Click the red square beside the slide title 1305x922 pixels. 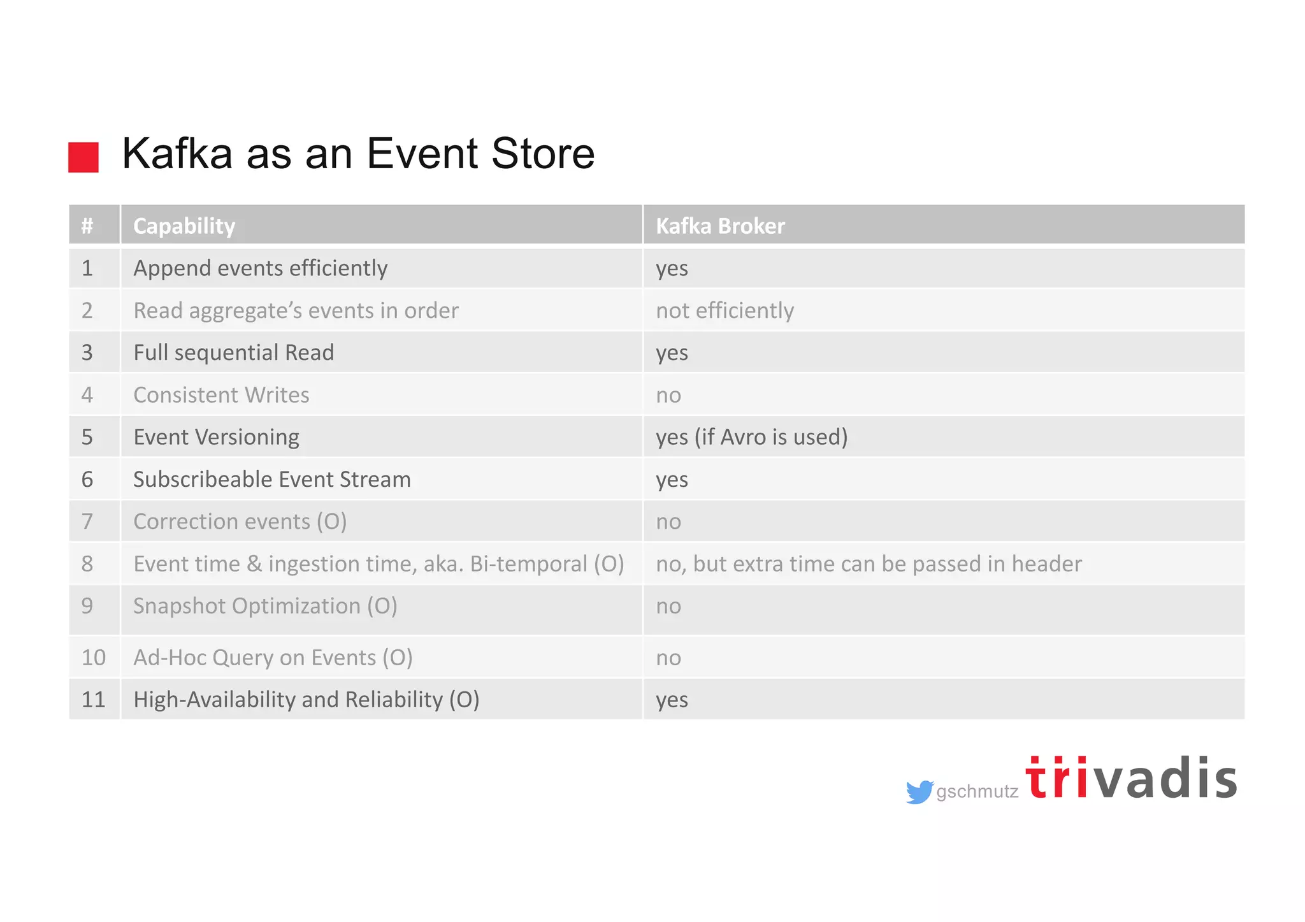click(x=83, y=157)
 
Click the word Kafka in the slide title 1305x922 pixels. click(x=177, y=154)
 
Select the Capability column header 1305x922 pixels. click(x=184, y=226)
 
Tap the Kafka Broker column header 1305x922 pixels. click(x=720, y=226)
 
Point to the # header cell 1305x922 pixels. click(x=87, y=226)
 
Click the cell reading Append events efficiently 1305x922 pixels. click(x=260, y=268)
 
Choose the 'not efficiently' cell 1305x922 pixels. click(x=725, y=310)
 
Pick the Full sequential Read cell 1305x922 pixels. click(x=233, y=352)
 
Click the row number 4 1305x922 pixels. click(x=87, y=395)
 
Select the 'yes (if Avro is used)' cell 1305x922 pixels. click(x=751, y=437)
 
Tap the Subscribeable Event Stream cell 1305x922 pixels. click(x=271, y=479)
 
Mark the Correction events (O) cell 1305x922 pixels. click(x=240, y=521)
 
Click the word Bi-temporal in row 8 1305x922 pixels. click(x=528, y=564)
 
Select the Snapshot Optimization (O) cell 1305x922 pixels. click(x=265, y=606)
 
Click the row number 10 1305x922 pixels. click(x=93, y=658)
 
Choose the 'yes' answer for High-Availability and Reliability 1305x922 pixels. click(x=672, y=700)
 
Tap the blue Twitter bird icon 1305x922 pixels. click(x=919, y=792)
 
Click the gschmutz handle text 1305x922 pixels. click(x=977, y=792)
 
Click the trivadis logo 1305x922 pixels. click(x=1131, y=779)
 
